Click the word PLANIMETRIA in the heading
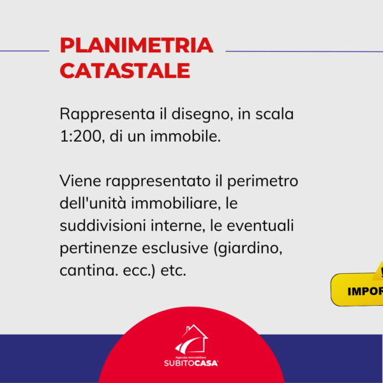coord(137,45)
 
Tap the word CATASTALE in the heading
coord(125,70)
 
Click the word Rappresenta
coord(107,114)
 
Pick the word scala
coord(274,114)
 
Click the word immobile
coord(185,136)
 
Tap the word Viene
coord(80,181)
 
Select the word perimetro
coord(262,181)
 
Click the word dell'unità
coord(93,203)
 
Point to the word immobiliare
coord(175,203)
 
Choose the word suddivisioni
coord(103,225)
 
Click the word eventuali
coord(260,225)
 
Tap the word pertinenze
coord(98,248)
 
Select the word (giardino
coord(248,248)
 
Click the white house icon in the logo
coord(191,339)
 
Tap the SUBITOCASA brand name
coord(191,363)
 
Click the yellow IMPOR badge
coord(357,289)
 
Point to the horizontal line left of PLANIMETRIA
coord(24,51)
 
